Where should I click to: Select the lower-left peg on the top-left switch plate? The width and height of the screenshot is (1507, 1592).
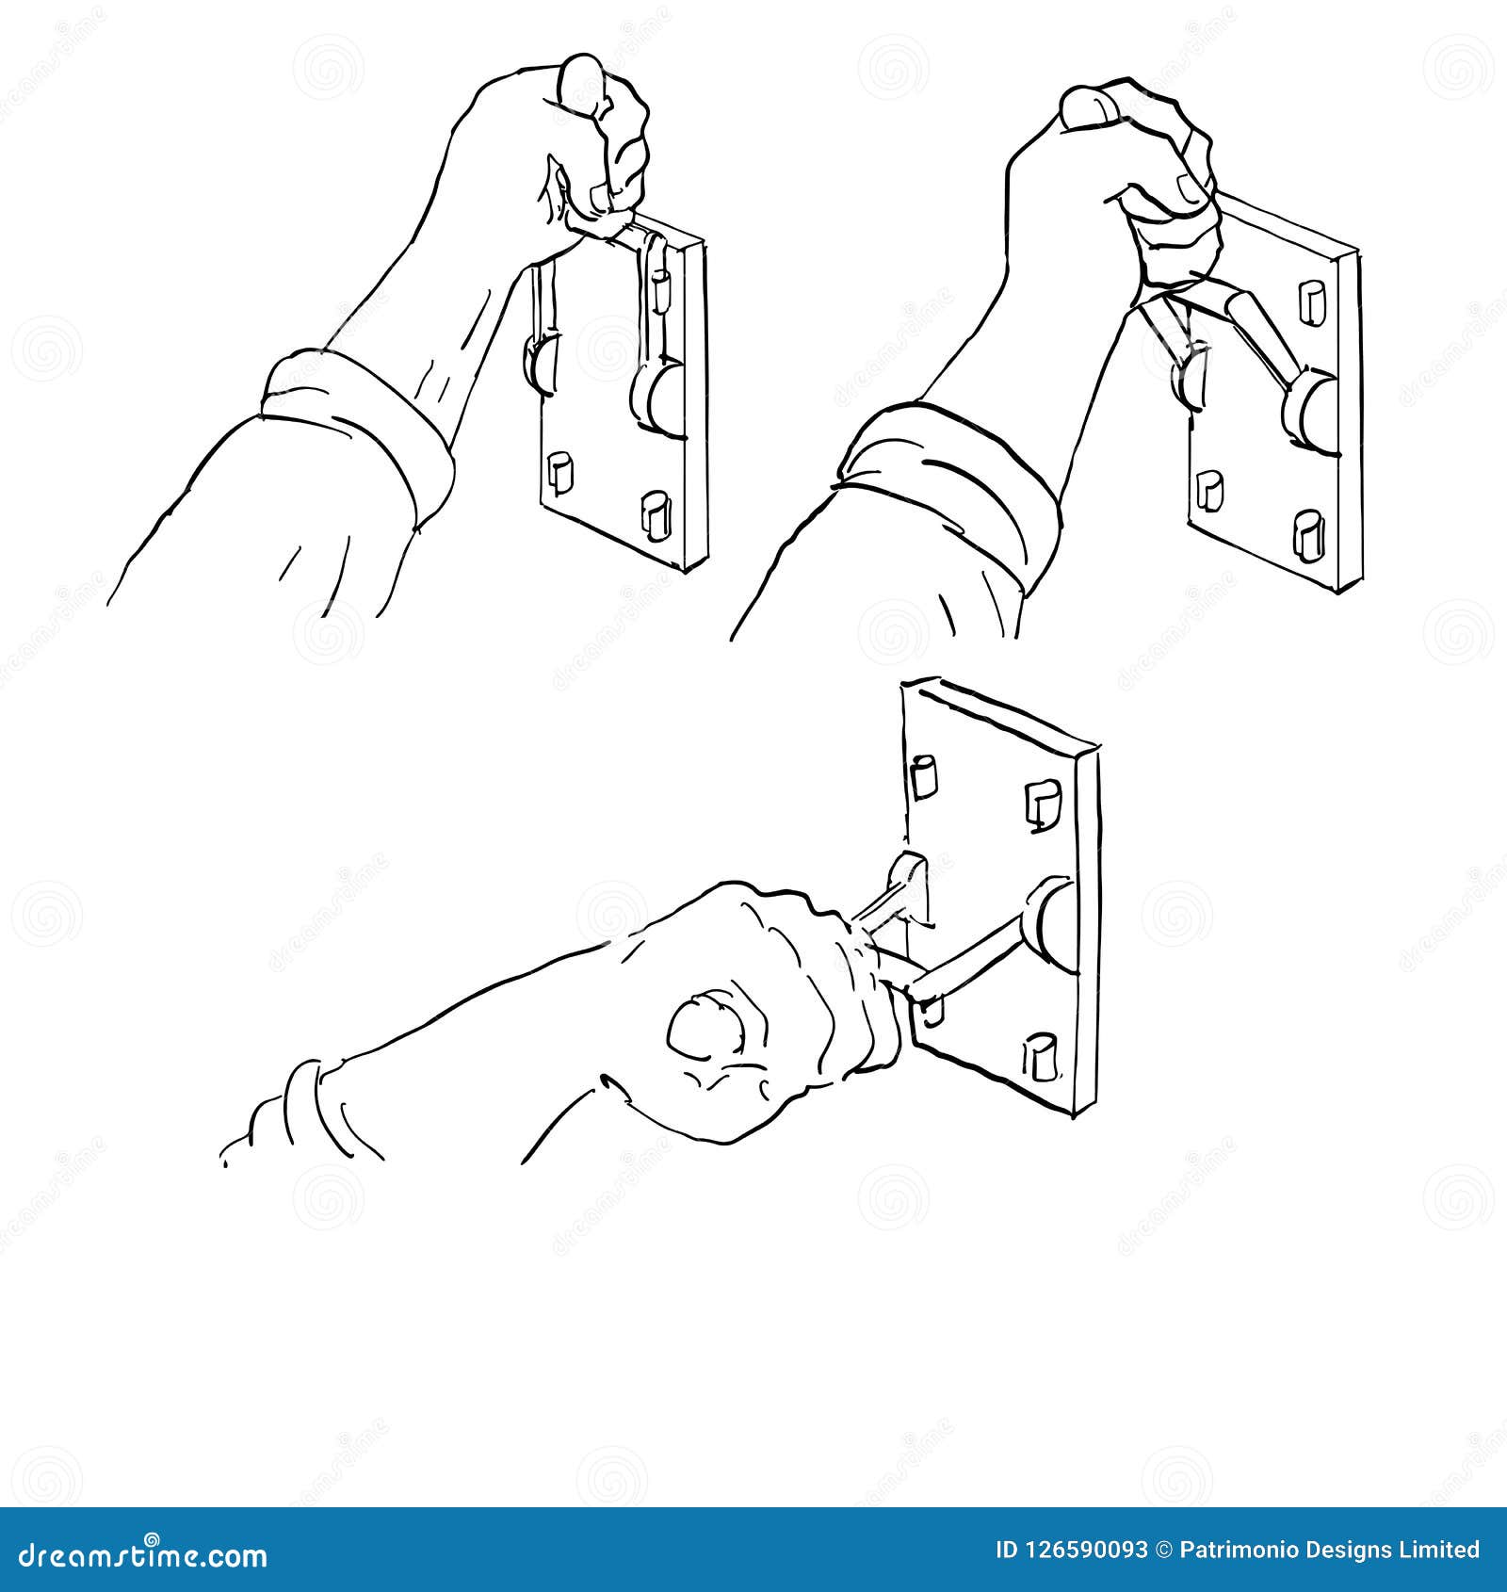559,471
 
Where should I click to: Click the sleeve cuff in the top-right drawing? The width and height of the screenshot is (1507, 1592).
942,480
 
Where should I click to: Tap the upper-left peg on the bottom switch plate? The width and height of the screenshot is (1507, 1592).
923,774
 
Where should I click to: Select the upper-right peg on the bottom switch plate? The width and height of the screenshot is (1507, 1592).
1043,804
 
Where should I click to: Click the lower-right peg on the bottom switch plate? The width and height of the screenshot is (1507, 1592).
1041,1056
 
